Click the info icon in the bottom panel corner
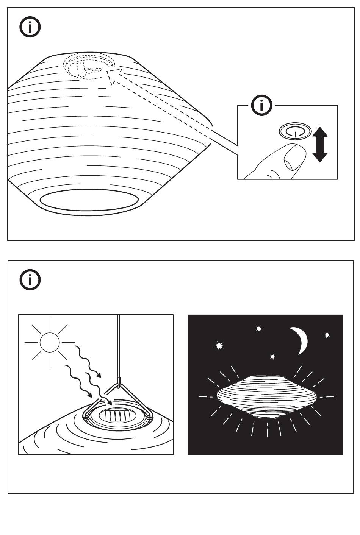tap(30, 280)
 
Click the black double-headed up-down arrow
tap(320, 144)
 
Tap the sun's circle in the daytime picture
tap(50, 342)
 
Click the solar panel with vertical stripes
tap(117, 416)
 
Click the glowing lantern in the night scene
tap(267, 396)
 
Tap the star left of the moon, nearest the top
tap(259, 329)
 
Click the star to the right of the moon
tap(327, 335)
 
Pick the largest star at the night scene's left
tap(219, 345)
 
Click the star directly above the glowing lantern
tap(272, 357)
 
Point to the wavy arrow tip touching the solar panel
tap(110, 404)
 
